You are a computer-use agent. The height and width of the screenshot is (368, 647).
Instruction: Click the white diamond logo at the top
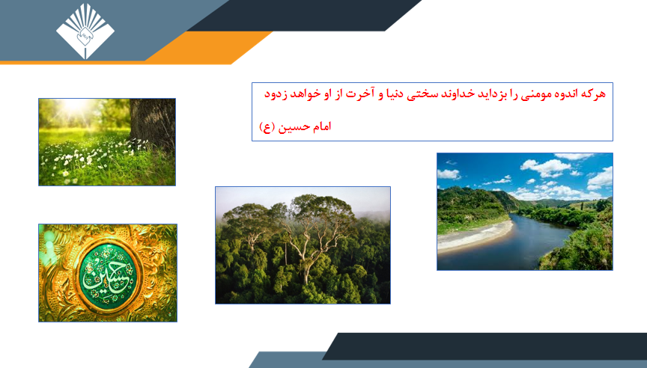point(85,31)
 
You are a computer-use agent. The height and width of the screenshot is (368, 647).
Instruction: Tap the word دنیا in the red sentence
point(394,94)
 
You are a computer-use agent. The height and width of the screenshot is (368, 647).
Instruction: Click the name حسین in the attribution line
point(294,127)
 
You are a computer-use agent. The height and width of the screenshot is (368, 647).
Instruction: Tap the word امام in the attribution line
point(321,126)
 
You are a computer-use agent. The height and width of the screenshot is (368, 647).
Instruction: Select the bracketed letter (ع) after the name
point(267,127)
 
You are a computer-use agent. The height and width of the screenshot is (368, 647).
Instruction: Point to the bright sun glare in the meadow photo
point(74,106)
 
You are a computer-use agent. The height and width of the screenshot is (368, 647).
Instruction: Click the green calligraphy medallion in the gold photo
point(108,273)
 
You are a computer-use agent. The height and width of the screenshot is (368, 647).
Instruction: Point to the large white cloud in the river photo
point(545,168)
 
